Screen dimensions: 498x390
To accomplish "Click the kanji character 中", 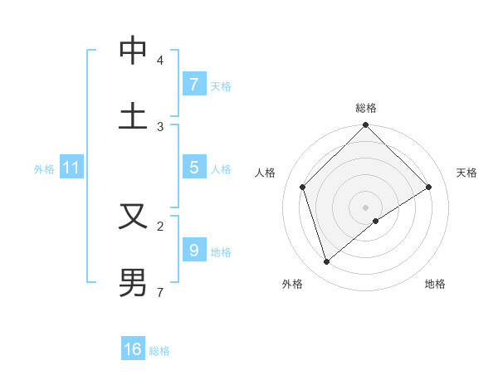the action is [x=133, y=51].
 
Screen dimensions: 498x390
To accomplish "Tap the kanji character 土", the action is [x=133, y=115].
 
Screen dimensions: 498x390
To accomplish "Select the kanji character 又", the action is [x=133, y=216].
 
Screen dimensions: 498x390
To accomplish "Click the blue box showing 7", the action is [x=193, y=84].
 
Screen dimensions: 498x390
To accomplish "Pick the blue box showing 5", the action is [x=193, y=168].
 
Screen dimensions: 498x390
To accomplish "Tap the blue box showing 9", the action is [x=193, y=250].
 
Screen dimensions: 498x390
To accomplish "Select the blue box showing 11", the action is [x=71, y=168].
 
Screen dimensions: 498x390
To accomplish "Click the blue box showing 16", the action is [x=133, y=349].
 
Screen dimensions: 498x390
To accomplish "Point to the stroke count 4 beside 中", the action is [x=160, y=61].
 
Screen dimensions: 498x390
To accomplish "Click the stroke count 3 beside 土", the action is [x=160, y=127].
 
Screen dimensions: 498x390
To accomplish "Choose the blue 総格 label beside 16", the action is [x=159, y=351].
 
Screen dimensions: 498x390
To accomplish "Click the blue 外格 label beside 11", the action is [x=44, y=169].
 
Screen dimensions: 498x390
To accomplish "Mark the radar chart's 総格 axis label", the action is [x=366, y=109].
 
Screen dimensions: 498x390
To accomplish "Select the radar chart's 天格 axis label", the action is [x=466, y=173].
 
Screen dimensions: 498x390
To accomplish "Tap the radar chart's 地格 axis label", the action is [x=435, y=284].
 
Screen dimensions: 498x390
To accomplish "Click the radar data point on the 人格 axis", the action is [x=303, y=187].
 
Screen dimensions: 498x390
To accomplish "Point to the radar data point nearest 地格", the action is [x=376, y=221].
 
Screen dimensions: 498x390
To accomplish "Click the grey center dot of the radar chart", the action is [x=366, y=207].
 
